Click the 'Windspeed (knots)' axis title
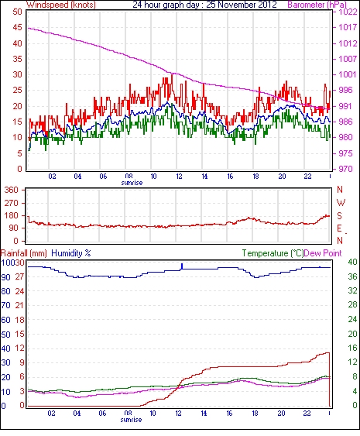[x=61, y=5]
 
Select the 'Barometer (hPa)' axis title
[x=317, y=5]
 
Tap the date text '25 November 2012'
[x=242, y=5]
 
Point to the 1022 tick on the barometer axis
[x=348, y=12]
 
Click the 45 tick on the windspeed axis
[x=17, y=28]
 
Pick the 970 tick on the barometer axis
[x=345, y=169]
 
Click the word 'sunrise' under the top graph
[x=132, y=183]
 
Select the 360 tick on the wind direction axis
[x=12, y=191]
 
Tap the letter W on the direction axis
[x=341, y=203]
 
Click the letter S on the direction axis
[x=339, y=216]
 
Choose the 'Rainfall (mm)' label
[x=24, y=253]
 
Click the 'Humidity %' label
[x=71, y=253]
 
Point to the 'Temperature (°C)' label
[x=273, y=253]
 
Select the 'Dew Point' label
[x=323, y=253]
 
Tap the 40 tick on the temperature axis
[x=353, y=262]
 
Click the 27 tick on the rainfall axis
[x=19, y=277]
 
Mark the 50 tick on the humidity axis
[x=6, y=335]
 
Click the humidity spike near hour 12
[x=182, y=266]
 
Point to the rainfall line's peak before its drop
[x=328, y=353]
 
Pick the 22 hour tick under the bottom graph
[x=307, y=414]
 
